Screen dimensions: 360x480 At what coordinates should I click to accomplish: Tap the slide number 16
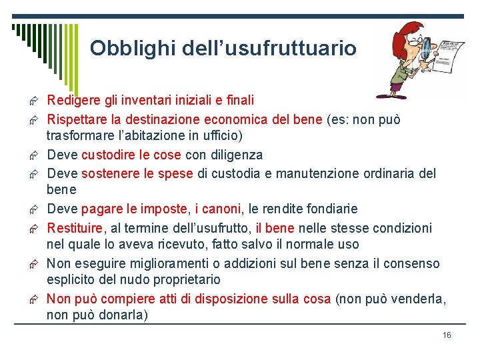point(447,335)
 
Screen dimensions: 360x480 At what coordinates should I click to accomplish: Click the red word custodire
point(106,155)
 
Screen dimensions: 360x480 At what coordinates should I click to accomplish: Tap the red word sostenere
point(108,174)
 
